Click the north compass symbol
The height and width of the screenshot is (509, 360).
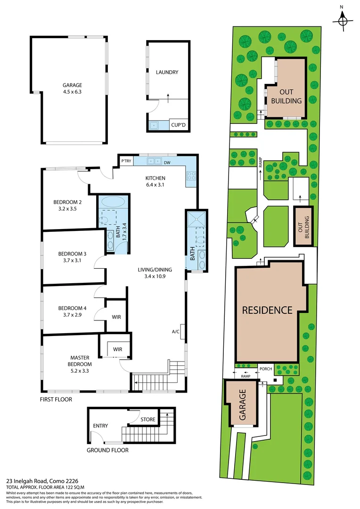click(x=343, y=20)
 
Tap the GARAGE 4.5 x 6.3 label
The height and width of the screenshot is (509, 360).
click(x=72, y=89)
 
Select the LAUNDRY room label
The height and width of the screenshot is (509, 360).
click(x=167, y=72)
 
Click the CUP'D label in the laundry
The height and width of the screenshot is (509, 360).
click(x=179, y=125)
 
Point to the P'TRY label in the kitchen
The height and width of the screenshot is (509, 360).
click(x=126, y=161)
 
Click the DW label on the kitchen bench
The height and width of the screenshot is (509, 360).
click(x=167, y=163)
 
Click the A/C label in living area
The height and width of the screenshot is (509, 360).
click(x=176, y=331)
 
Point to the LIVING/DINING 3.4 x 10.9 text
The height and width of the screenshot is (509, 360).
click(x=155, y=273)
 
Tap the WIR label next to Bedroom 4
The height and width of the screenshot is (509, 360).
click(x=116, y=317)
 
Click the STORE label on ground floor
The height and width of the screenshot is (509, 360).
click(x=148, y=419)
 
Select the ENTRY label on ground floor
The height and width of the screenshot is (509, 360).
click(x=100, y=426)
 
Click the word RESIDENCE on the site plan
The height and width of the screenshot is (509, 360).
click(x=267, y=310)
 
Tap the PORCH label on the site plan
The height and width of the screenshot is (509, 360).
click(x=266, y=369)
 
